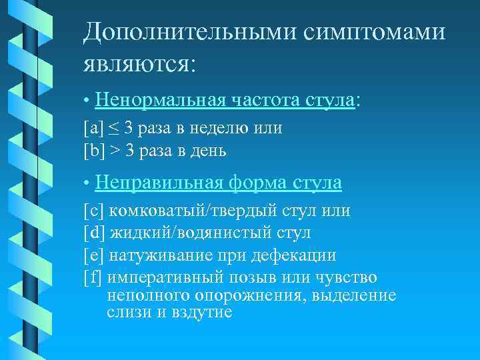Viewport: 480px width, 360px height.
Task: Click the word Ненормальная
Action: pos(162,100)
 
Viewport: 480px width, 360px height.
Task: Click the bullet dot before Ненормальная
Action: pos(87,101)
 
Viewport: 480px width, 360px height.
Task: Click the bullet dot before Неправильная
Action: pos(87,182)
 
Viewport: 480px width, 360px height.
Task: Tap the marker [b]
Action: pos(93,151)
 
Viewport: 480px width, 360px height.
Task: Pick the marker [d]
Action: pos(93,233)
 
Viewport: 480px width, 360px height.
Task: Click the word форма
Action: pos(259,181)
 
